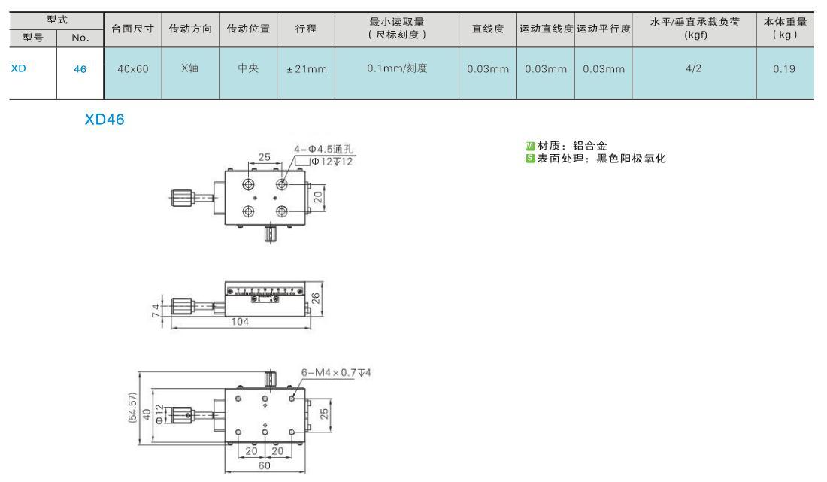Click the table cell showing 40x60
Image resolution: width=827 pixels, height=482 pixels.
point(133,69)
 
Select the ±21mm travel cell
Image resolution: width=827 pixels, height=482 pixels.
point(307,69)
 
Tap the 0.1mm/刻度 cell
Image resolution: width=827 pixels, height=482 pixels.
point(397,68)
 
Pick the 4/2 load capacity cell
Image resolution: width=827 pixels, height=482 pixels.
point(694,68)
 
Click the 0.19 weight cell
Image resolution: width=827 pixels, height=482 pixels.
point(784,69)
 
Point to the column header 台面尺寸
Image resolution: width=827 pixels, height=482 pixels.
point(133,29)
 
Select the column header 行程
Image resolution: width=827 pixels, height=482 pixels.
point(307,29)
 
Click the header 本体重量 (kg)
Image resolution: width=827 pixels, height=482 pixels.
point(785,29)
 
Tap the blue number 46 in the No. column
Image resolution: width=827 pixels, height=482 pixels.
point(80,69)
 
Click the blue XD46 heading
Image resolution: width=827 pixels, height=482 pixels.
point(105,119)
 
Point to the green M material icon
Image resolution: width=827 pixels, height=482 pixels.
point(530,146)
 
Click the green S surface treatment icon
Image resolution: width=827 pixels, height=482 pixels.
point(530,158)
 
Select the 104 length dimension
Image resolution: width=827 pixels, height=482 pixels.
point(240,321)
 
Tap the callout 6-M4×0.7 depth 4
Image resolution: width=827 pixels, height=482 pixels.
point(336,373)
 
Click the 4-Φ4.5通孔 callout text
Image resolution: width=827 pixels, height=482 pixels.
point(323,149)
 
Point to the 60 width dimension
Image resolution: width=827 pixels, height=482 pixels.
point(264,465)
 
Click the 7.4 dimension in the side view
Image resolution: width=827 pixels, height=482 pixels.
point(156,310)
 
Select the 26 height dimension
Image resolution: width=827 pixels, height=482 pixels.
point(316,299)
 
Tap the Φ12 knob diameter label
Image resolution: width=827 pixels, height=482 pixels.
point(160,413)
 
